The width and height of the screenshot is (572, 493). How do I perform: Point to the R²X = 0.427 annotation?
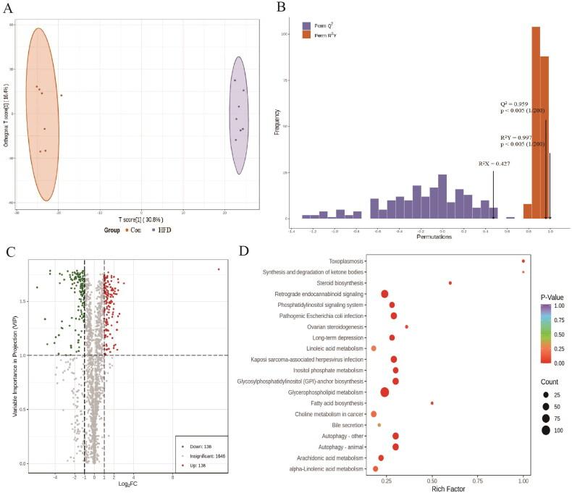click(495, 164)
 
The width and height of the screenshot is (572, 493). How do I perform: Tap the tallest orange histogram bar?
click(536, 123)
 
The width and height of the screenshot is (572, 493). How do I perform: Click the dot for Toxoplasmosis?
click(523, 261)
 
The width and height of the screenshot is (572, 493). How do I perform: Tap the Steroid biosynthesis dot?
click(450, 283)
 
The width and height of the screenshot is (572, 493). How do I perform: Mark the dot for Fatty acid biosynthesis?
click(432, 403)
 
